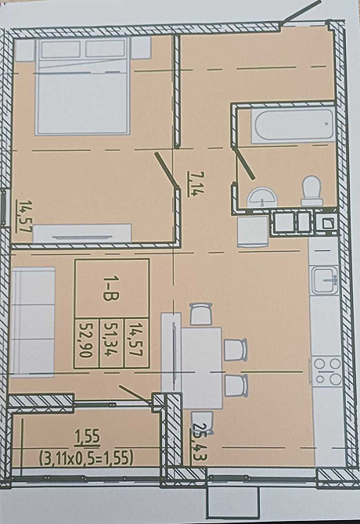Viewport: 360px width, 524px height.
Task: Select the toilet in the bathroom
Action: click(311, 190)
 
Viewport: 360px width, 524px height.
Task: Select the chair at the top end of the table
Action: click(200, 314)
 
